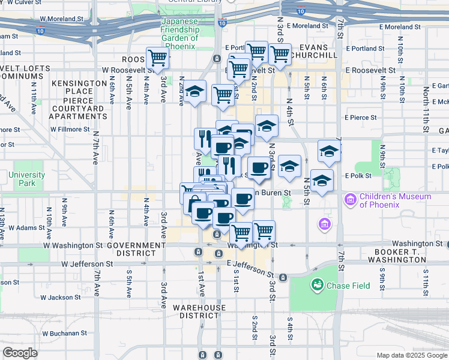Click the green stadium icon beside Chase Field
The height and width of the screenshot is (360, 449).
tap(316, 285)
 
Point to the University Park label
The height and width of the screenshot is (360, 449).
tap(26, 179)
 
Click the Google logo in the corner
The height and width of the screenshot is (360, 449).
tap(21, 353)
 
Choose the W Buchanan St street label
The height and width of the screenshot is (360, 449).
tap(65, 333)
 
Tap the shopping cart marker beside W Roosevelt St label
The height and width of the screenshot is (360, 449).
tap(157, 59)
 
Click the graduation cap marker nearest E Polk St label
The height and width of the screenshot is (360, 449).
tap(322, 180)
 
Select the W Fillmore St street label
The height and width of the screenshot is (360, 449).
tap(70, 129)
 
